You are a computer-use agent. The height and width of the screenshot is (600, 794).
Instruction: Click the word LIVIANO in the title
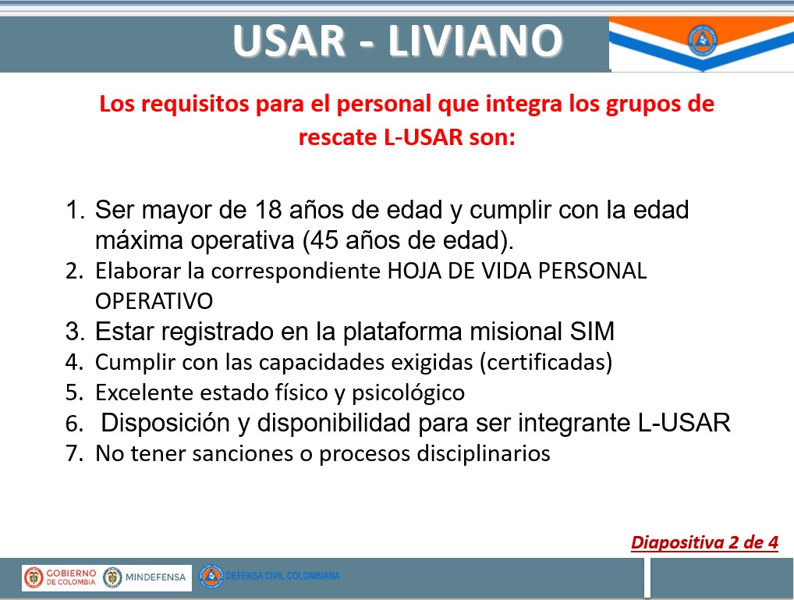(475, 41)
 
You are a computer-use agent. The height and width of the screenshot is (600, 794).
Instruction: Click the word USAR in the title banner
(289, 41)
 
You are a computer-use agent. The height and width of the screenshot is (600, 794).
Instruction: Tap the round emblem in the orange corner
(702, 40)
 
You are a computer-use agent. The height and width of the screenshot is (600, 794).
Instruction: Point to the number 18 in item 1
(268, 210)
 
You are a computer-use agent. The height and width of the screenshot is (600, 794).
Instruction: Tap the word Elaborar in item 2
(138, 271)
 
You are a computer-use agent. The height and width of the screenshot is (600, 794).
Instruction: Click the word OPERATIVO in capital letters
(154, 301)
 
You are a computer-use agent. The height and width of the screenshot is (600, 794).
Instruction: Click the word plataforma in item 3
(402, 332)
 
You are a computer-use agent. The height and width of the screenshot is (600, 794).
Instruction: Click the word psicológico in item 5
(408, 393)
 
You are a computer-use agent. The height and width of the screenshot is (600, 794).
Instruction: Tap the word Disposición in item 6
(165, 423)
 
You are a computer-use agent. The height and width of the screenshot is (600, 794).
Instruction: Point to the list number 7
(74, 453)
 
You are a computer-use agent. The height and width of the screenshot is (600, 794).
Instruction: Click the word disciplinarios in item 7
(484, 453)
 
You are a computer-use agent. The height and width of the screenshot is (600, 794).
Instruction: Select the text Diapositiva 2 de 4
(704, 543)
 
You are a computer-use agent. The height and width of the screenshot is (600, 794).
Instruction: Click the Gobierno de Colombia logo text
(71, 577)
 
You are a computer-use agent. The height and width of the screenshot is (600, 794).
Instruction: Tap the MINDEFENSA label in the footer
(155, 577)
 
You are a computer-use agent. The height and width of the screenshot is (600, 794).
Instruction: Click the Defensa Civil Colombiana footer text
(282, 576)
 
